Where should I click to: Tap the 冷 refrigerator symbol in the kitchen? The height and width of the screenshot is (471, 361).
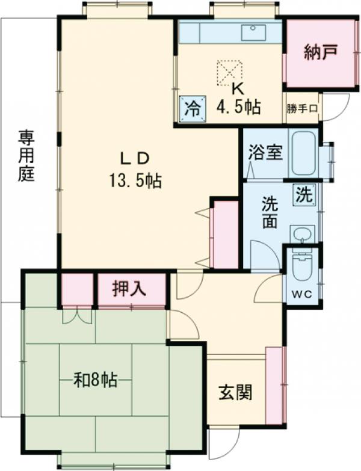pyautogui.click(x=193, y=109)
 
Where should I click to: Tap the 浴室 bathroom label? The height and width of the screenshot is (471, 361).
pyautogui.click(x=265, y=153)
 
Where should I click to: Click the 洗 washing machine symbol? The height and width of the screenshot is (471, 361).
pyautogui.click(x=304, y=194)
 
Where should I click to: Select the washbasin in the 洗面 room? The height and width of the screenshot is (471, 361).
pyautogui.click(x=301, y=234)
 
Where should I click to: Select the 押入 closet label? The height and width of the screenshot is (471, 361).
pyautogui.click(x=129, y=289)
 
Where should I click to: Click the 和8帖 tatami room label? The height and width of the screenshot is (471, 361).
pyautogui.click(x=95, y=380)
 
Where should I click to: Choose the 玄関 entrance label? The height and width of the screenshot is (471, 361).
pyautogui.click(x=235, y=393)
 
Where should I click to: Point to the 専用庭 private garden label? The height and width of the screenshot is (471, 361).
pyautogui.click(x=25, y=156)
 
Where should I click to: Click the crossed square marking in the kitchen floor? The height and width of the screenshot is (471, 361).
pyautogui.click(x=228, y=72)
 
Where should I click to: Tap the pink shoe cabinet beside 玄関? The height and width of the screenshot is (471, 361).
pyautogui.click(x=274, y=384)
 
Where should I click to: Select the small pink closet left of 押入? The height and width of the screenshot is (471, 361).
pyautogui.click(x=77, y=289)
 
